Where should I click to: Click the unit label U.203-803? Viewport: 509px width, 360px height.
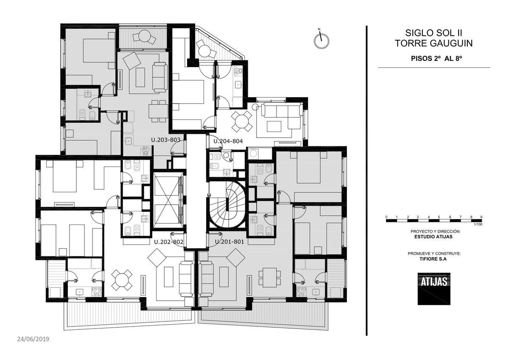coord(166,140)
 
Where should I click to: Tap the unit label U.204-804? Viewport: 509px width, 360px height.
coord(228,141)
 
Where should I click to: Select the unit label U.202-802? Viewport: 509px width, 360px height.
coord(169,242)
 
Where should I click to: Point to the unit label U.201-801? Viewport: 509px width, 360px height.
coord(229,242)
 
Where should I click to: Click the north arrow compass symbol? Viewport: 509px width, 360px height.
coord(322,40)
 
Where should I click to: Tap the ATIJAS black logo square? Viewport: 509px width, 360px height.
coord(434,289)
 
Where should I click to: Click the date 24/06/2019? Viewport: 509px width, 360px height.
coord(33,339)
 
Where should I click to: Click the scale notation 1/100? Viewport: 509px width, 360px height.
coord(478,225)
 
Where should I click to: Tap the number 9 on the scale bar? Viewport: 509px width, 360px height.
coord(481,217)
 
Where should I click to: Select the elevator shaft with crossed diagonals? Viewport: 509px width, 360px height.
coord(168,200)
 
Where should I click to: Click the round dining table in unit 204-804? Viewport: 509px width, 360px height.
coord(241,122)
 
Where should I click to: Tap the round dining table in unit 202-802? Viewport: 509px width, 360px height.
coord(122,280)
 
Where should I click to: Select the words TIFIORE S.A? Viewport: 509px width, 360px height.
coord(433,259)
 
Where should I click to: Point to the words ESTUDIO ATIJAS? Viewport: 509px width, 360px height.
coord(433,236)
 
